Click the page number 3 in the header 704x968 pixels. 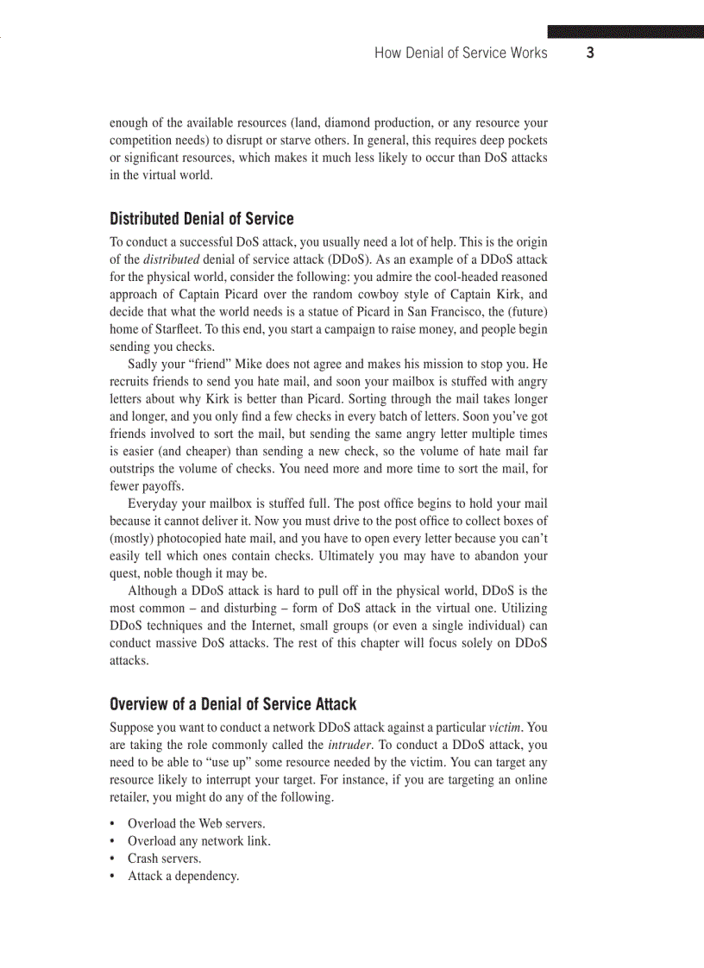[x=590, y=53]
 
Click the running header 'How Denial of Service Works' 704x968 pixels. [x=461, y=53]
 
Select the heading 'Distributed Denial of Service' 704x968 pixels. [x=202, y=219]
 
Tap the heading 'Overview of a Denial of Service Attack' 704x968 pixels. [x=233, y=705]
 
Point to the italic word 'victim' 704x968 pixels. [x=506, y=728]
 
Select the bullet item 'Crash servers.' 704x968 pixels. [x=165, y=859]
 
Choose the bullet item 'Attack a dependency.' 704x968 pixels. [x=183, y=876]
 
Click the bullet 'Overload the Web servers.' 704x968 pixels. [x=196, y=823]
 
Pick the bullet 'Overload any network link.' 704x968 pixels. [x=198, y=840]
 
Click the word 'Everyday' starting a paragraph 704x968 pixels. [x=152, y=503]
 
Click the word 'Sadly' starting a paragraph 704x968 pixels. [x=143, y=364]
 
